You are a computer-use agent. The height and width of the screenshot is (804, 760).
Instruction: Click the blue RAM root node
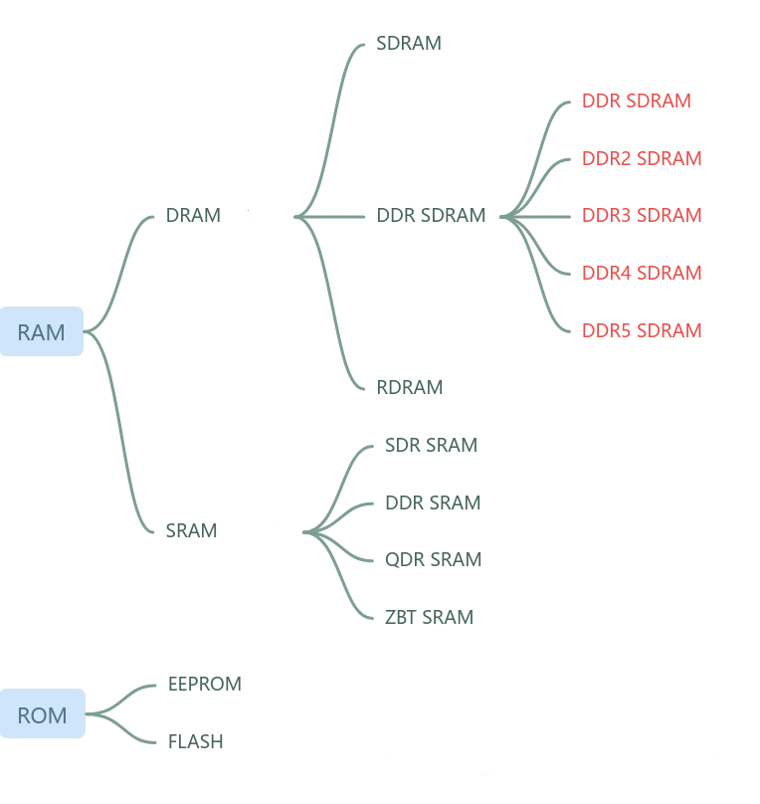(41, 332)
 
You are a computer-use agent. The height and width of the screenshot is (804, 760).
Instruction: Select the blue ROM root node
(42, 715)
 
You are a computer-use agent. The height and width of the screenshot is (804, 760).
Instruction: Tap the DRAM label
(193, 216)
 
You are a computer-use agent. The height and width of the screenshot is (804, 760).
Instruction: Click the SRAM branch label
(191, 531)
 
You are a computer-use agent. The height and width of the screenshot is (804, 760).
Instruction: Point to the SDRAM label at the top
(409, 44)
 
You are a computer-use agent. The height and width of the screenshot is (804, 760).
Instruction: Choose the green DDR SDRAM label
(431, 216)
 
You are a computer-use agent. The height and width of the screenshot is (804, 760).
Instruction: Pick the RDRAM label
(410, 388)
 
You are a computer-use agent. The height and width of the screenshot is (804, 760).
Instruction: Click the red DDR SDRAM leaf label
(636, 101)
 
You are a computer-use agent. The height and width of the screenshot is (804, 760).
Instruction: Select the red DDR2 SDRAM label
(642, 159)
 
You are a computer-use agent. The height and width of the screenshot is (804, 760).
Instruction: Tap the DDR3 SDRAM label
(642, 216)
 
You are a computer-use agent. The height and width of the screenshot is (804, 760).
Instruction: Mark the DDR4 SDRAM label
(642, 274)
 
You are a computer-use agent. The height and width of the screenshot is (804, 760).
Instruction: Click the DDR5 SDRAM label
(642, 331)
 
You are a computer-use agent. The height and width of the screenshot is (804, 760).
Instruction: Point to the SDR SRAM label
(431, 446)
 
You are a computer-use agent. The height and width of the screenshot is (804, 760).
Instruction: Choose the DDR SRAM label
(433, 503)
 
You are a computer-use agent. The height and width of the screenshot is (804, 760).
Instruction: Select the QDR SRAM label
(433, 560)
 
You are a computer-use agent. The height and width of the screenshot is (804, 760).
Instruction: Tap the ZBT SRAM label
(429, 618)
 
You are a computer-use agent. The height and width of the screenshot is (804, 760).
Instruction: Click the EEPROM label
(205, 685)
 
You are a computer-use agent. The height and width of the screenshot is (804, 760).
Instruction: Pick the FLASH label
(195, 742)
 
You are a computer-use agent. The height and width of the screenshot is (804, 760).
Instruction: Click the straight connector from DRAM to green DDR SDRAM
(333, 216)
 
